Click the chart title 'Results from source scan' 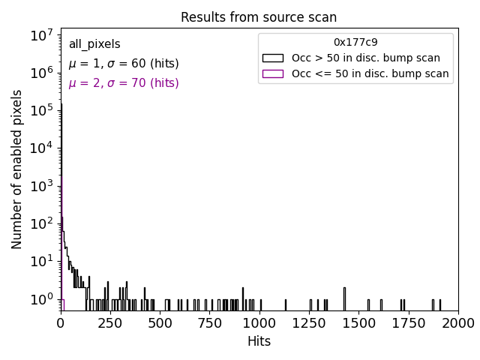(x=259, y=17)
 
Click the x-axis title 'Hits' (x=259, y=341)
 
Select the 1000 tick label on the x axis (x=259, y=322)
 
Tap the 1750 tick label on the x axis (x=408, y=322)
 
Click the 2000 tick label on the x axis (x=457, y=322)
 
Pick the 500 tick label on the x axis (x=160, y=322)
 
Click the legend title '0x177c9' (x=355, y=42)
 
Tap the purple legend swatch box (x=273, y=73)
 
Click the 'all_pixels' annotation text (x=94, y=45)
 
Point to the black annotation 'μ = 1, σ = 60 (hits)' (x=124, y=64)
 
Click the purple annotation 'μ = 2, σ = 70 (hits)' (x=124, y=83)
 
